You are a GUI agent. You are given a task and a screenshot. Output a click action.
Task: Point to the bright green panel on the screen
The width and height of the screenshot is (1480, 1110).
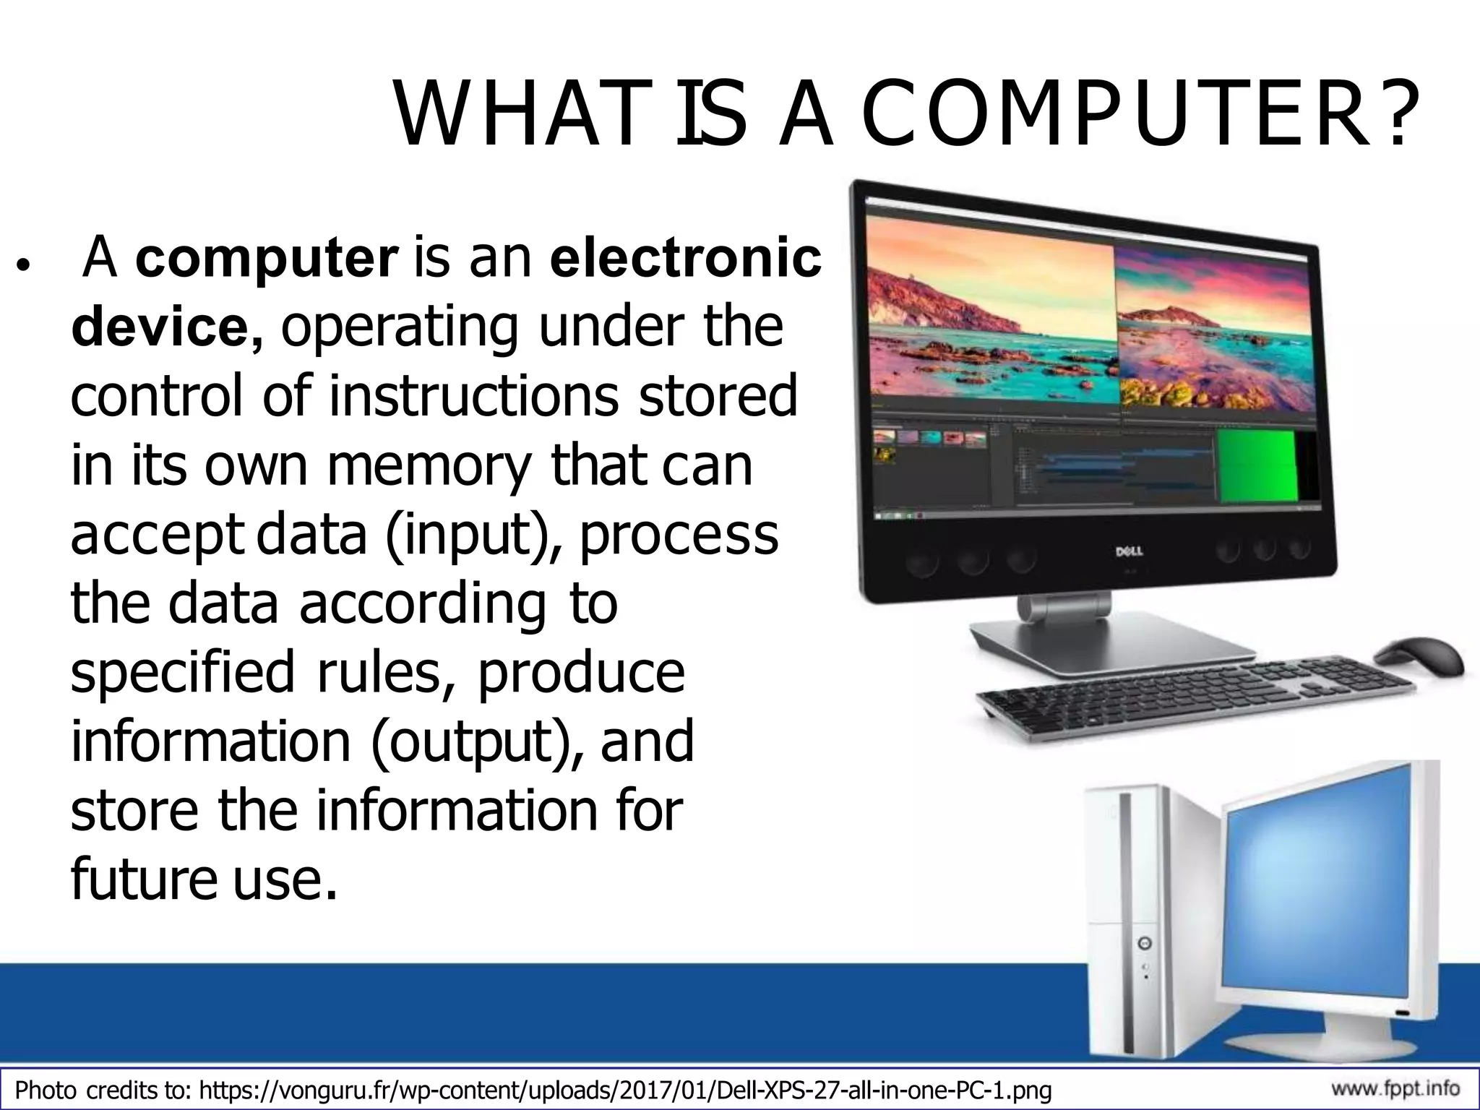[x=1257, y=465]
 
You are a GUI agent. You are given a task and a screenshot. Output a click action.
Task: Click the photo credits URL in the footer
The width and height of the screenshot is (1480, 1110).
[x=624, y=1090]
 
